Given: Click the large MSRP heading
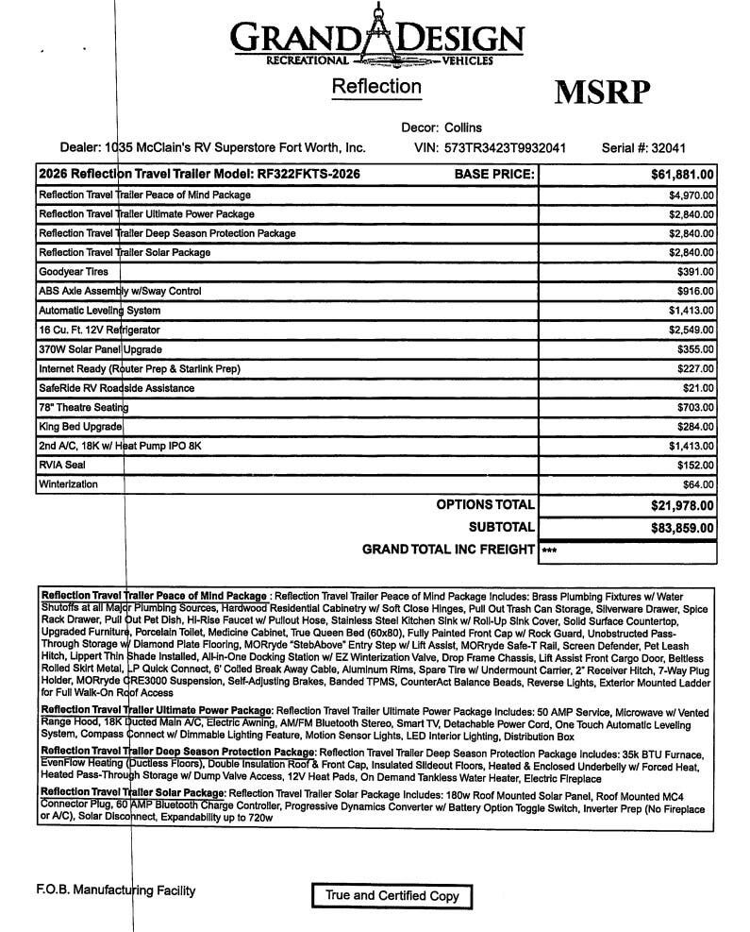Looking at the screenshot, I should (x=601, y=93).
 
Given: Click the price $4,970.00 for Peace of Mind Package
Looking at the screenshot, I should (x=692, y=195).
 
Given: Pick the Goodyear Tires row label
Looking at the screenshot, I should (x=74, y=272).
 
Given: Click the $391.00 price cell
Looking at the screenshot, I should (x=695, y=272).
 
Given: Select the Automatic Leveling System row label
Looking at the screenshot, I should (x=99, y=311).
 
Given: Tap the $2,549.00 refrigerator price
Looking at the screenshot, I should (x=692, y=330).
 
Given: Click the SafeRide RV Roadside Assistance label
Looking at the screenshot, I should (x=112, y=388).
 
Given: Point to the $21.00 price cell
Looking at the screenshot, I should (x=698, y=388).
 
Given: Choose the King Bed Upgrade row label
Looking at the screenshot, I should (x=80, y=427).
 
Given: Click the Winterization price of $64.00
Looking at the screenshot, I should (x=698, y=484).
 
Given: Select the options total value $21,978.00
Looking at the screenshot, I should (x=682, y=506).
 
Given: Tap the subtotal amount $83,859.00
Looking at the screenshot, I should (x=682, y=528).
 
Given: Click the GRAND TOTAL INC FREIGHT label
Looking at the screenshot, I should (x=448, y=550).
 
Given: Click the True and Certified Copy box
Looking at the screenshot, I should (x=392, y=895).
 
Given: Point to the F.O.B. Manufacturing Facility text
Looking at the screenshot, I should (x=115, y=890).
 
